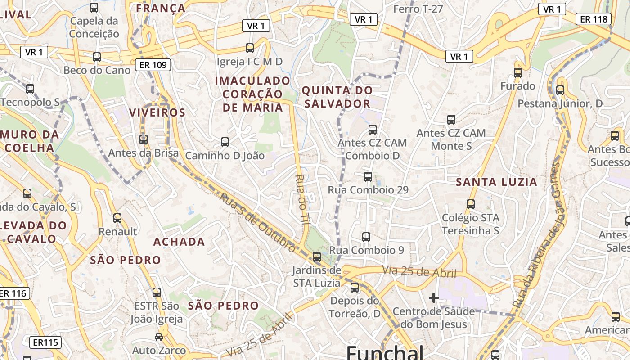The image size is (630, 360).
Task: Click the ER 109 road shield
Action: coord(153,65)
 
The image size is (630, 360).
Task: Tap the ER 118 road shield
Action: coord(594,19)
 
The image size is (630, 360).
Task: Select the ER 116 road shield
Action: coord(13,293)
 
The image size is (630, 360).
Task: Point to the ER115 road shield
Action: coord(45,342)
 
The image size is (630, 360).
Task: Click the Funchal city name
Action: coord(385,352)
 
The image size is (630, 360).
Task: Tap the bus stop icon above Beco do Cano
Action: coord(97,57)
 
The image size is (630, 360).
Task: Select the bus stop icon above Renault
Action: coord(117,218)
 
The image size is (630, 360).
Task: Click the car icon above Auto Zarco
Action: coord(159,337)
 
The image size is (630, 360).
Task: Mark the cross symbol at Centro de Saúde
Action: coord(434,298)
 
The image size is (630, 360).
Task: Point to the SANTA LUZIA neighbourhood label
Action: coord(496,182)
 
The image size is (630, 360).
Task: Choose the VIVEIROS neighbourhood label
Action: coord(157,112)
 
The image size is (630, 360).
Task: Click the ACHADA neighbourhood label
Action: coord(179,242)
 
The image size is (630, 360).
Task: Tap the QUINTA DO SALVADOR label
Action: coord(337,97)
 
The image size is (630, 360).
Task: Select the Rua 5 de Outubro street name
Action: coord(258,222)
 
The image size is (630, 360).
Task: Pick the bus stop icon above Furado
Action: coord(518,72)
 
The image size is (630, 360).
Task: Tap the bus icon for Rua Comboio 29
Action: coord(368,177)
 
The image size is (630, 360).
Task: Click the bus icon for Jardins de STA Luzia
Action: coord(317,257)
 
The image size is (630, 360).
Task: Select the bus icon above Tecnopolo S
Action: coord(30,89)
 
